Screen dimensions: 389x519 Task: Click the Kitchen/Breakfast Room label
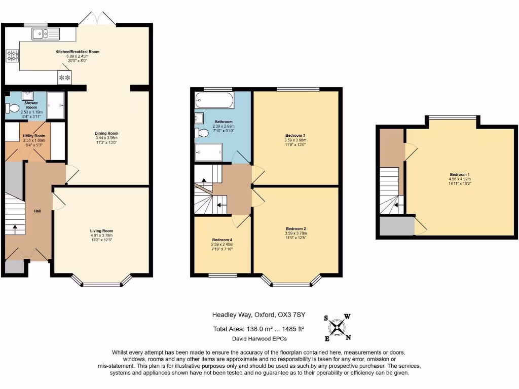point(78,52)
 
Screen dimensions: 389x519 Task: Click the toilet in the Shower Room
point(11,107)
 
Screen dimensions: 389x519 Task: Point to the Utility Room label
point(33,136)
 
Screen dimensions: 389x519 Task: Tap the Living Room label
point(101,231)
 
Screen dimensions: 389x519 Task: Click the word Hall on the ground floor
point(37,211)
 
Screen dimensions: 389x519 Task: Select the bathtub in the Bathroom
point(213,100)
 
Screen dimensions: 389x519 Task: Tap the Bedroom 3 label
point(295,136)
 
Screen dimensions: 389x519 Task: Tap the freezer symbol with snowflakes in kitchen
point(64,77)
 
